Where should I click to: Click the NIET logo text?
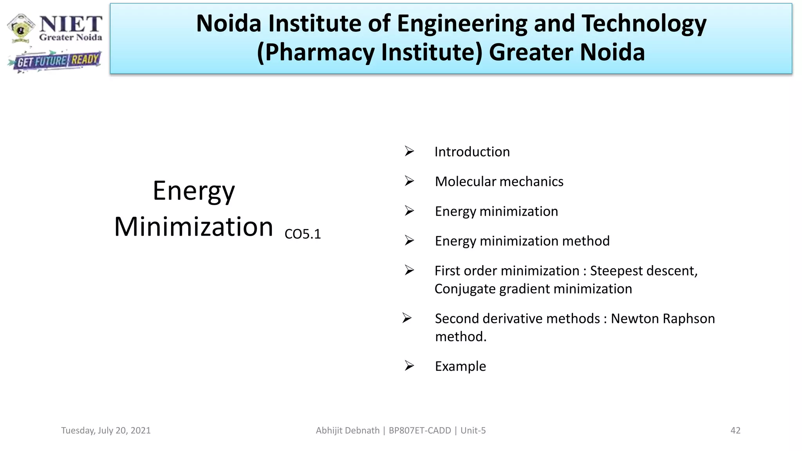pos(70,24)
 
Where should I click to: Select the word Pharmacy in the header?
pos(316,52)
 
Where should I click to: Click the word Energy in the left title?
pos(194,191)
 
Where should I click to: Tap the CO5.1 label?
pos(303,234)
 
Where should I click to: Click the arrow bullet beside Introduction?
pos(409,151)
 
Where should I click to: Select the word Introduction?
pos(472,152)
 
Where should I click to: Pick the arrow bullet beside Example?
pos(409,366)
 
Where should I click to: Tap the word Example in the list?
pos(460,366)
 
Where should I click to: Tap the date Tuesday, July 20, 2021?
pos(106,431)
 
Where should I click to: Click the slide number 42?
pos(735,431)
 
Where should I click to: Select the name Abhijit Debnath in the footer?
pos(348,431)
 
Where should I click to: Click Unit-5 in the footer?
pos(473,431)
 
